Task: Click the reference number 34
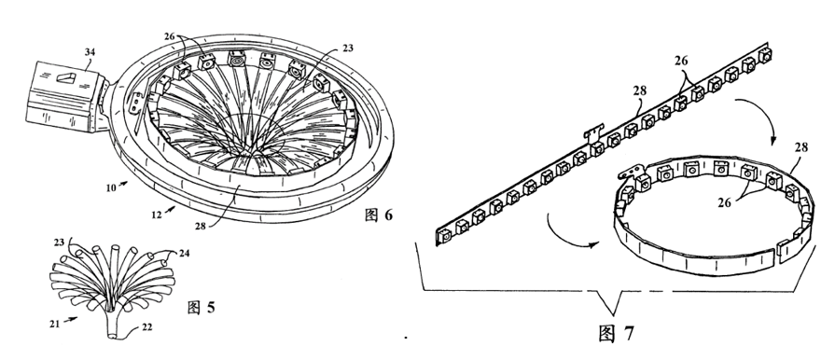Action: (90, 52)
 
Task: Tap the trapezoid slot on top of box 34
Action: (65, 77)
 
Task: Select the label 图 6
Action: (378, 215)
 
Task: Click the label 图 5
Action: (202, 307)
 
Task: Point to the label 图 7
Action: (617, 333)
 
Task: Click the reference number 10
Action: (110, 187)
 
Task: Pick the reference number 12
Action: (157, 214)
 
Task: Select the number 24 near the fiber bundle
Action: (184, 254)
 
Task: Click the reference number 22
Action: (146, 327)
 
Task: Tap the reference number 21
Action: (55, 324)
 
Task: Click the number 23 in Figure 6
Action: (348, 48)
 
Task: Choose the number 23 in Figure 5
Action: (59, 242)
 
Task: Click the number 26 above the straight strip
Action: (681, 61)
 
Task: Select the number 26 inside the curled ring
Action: (724, 202)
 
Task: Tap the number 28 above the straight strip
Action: (640, 90)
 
